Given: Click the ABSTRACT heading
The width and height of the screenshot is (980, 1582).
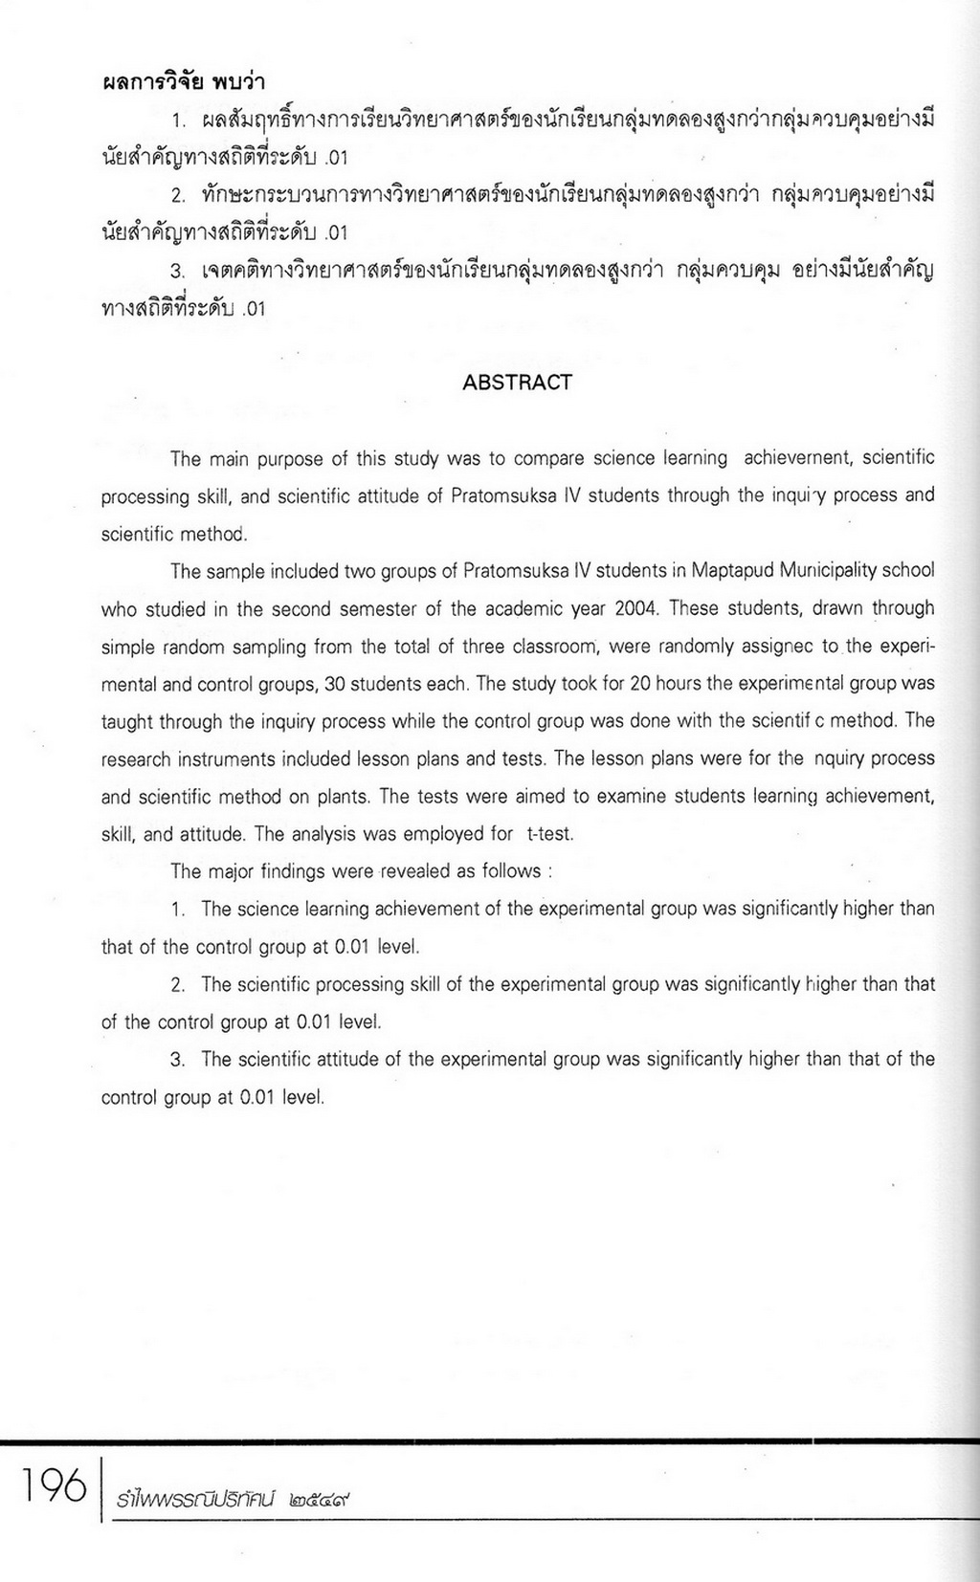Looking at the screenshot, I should [517, 383].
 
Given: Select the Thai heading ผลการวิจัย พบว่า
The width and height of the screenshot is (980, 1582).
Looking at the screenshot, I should [183, 82].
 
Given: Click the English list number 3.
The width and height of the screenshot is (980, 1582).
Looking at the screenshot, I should [177, 1060].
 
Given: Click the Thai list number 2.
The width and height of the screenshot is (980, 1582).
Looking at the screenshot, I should [178, 195].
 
